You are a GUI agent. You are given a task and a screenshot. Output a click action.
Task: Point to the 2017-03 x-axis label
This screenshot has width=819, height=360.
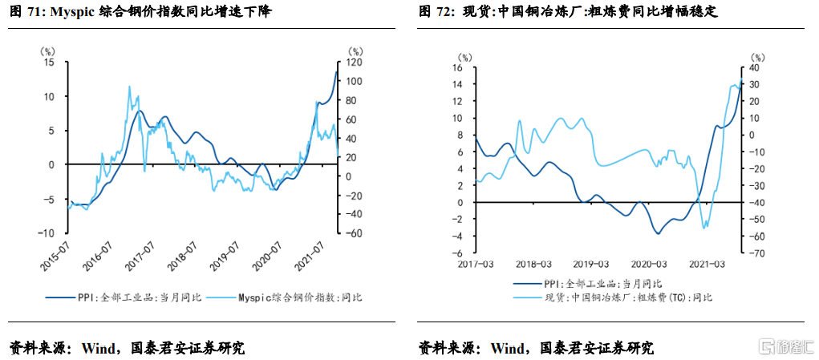point(476,264)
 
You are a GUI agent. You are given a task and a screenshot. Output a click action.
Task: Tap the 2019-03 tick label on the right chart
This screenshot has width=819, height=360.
point(591,264)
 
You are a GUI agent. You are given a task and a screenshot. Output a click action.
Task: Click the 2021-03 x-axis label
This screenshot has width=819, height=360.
point(707,264)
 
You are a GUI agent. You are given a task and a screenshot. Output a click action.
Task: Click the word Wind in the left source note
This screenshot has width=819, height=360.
point(98,348)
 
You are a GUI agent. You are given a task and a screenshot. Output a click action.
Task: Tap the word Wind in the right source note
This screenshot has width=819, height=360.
point(507,348)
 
